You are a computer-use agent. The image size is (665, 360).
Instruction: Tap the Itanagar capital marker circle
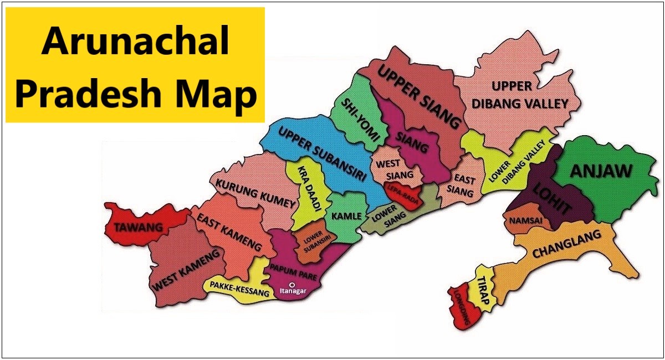click(292, 285)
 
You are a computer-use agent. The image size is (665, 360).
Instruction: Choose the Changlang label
click(566, 244)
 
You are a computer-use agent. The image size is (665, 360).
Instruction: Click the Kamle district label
click(346, 216)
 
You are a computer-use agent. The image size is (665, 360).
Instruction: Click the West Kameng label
click(187, 269)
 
